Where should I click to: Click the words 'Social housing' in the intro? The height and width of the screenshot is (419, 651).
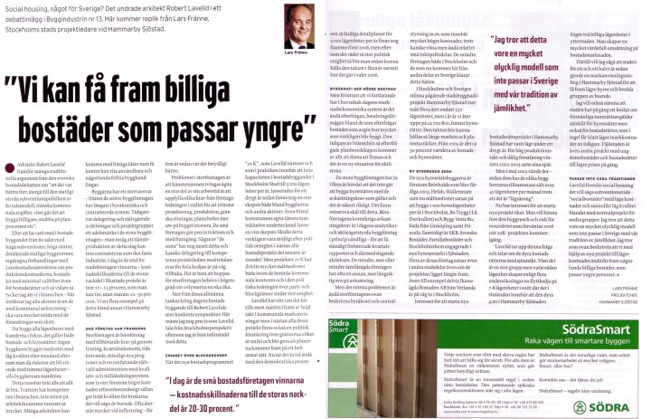pyautogui.click(x=24, y=6)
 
